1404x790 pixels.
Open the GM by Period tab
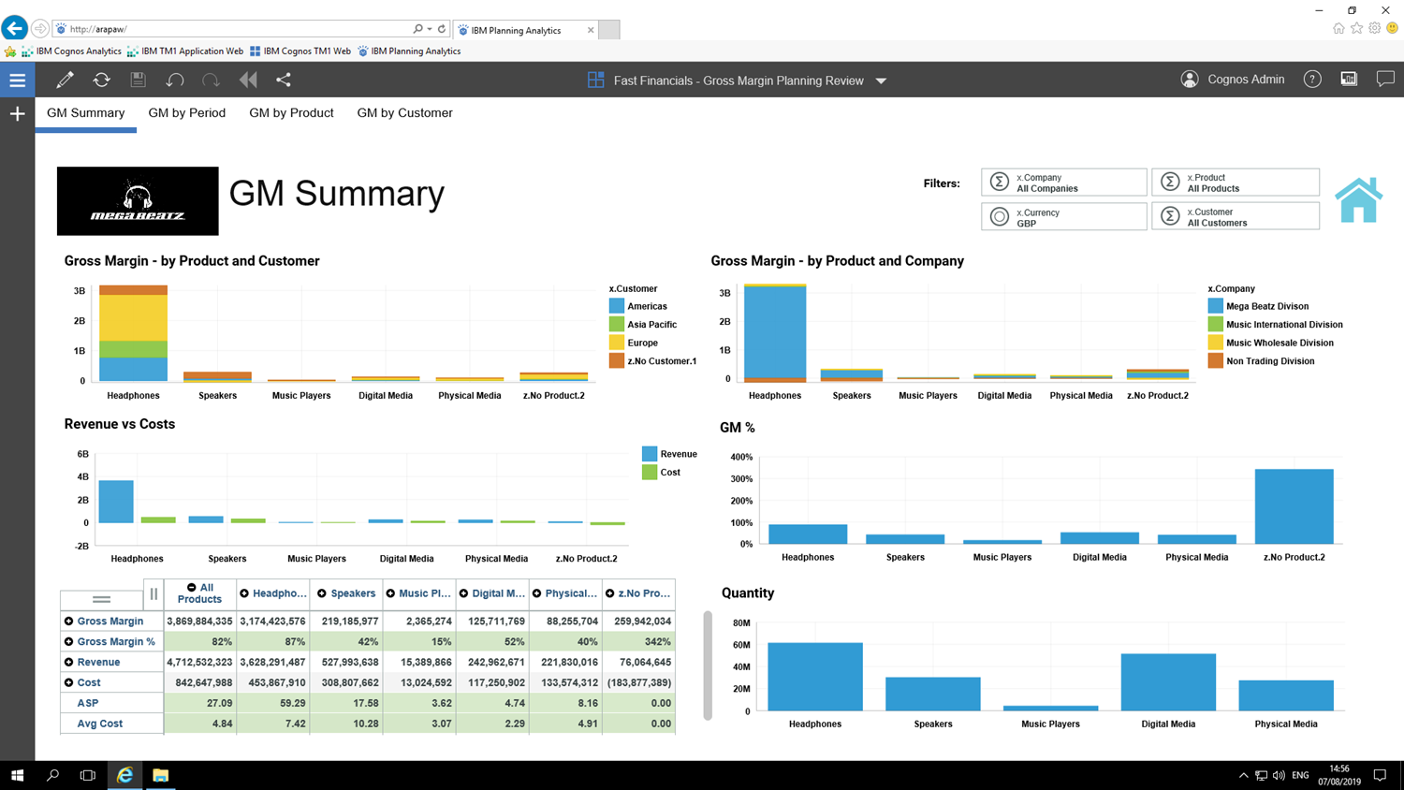point(186,113)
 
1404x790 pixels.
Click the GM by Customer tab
point(404,113)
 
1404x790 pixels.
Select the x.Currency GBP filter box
point(1063,217)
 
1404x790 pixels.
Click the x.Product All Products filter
point(1235,183)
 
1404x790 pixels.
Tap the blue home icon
point(1358,200)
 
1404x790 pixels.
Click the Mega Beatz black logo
point(138,201)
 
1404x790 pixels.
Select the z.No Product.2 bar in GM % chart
point(1294,506)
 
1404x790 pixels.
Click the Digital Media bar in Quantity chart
point(1168,682)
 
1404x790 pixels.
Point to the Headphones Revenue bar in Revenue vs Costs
point(116,502)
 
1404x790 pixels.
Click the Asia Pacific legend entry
point(651,325)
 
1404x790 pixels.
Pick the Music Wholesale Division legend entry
point(1279,343)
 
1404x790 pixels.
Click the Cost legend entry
point(669,473)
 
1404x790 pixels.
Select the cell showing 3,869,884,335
point(199,622)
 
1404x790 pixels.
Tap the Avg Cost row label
point(99,724)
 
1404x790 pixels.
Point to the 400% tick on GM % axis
point(740,457)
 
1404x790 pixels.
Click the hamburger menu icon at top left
point(17,80)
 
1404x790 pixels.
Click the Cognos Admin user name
point(1245,80)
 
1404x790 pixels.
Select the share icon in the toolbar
point(284,80)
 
